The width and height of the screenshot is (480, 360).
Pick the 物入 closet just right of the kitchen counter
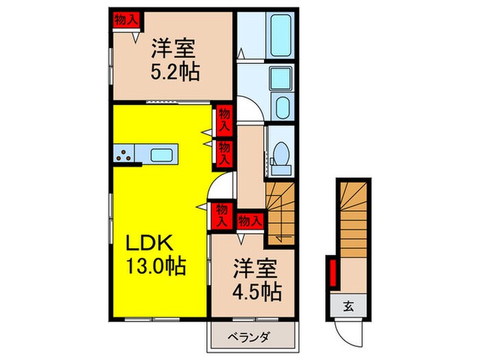pyautogui.click(x=224, y=152)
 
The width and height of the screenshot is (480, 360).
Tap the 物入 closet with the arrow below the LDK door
pyautogui.click(x=221, y=214)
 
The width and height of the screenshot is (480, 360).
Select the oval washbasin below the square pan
pyautogui.click(x=282, y=107)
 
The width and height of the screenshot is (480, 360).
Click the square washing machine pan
pyautogui.click(x=281, y=80)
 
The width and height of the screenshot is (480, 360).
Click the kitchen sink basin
pyautogui.click(x=163, y=154)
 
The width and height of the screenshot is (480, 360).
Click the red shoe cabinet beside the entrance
pyautogui.click(x=333, y=271)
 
